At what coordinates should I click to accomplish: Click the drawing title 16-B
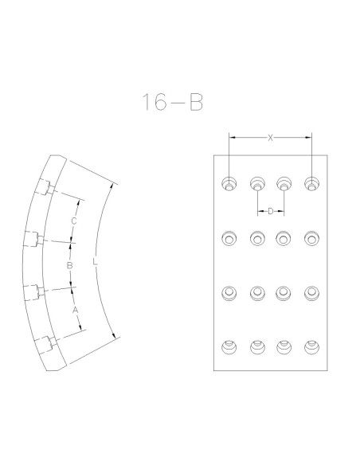point(173,102)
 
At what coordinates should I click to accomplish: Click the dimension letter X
point(270,138)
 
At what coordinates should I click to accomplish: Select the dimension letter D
point(271,212)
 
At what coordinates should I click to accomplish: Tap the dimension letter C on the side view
point(74,221)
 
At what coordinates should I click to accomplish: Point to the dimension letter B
point(69,265)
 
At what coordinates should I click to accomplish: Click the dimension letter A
point(76,311)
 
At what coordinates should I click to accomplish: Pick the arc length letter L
point(95,262)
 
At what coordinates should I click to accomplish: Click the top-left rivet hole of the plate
point(229,184)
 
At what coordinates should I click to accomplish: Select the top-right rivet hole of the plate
point(311,184)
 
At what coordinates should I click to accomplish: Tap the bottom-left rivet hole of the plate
point(229,347)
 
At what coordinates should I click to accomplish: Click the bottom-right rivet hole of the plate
point(311,347)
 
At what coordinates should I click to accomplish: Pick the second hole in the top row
point(257,184)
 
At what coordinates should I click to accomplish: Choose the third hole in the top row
point(284,184)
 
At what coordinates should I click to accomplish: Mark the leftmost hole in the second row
point(229,238)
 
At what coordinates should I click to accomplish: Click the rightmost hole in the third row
point(311,293)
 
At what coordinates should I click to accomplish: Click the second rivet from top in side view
point(33,239)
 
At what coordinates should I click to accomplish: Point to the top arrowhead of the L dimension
point(111,187)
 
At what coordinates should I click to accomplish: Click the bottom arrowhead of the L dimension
point(114,334)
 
